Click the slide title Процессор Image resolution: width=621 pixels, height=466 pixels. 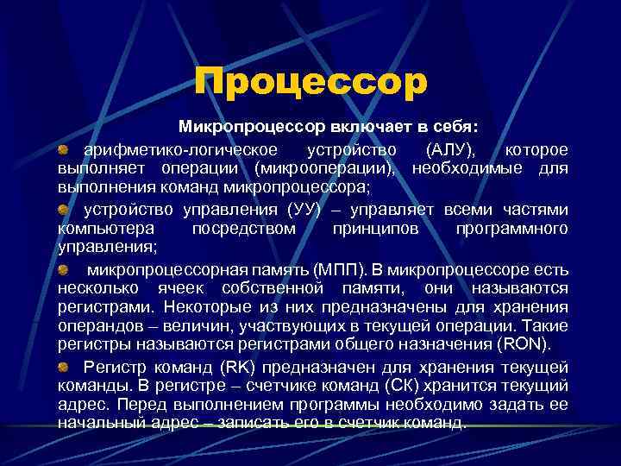pyautogui.click(x=310, y=83)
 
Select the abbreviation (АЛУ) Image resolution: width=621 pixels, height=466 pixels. pyautogui.click(x=449, y=148)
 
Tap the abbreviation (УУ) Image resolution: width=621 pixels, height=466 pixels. pyautogui.click(x=305, y=210)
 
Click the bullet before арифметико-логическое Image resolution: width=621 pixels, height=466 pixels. pyautogui.click(x=64, y=149)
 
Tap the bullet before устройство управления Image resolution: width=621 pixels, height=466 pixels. pyautogui.click(x=64, y=211)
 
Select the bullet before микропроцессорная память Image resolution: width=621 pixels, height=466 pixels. pyautogui.click(x=64, y=270)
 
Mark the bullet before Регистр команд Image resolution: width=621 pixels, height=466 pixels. pyautogui.click(x=64, y=367)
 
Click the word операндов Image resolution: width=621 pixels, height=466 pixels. pyautogui.click(x=96, y=327)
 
